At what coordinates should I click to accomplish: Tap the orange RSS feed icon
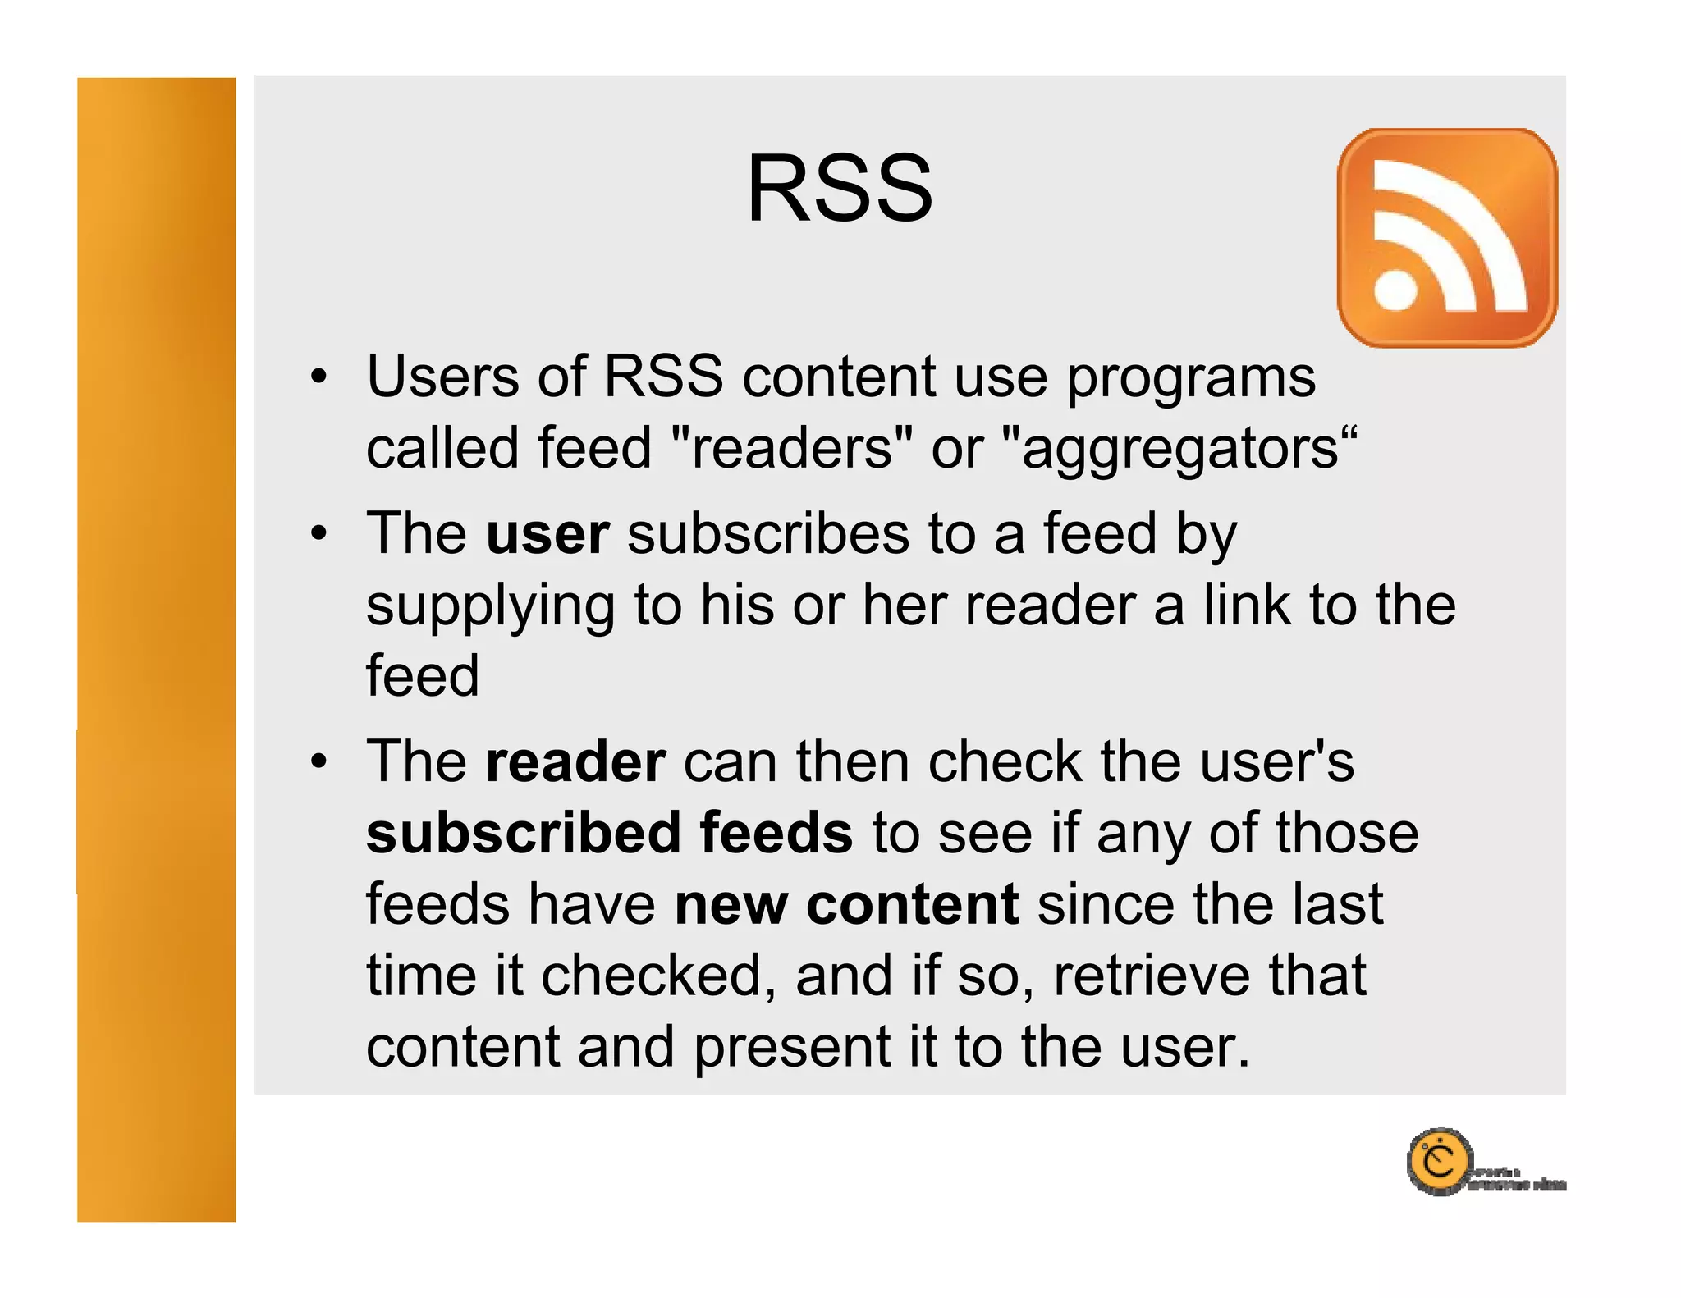pyautogui.click(x=1447, y=238)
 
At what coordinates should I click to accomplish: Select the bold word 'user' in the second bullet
pyautogui.click(x=547, y=534)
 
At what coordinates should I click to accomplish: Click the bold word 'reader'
pyautogui.click(x=575, y=762)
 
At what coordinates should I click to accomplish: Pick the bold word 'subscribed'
pyautogui.click(x=524, y=834)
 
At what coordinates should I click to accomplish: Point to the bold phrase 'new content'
pyautogui.click(x=846, y=905)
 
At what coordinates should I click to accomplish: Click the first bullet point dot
pyautogui.click(x=318, y=378)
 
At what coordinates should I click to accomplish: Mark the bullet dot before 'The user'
pyautogui.click(x=318, y=535)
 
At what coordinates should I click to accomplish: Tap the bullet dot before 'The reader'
pyautogui.click(x=318, y=763)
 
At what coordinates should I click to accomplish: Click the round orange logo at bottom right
pyautogui.click(x=1439, y=1162)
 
